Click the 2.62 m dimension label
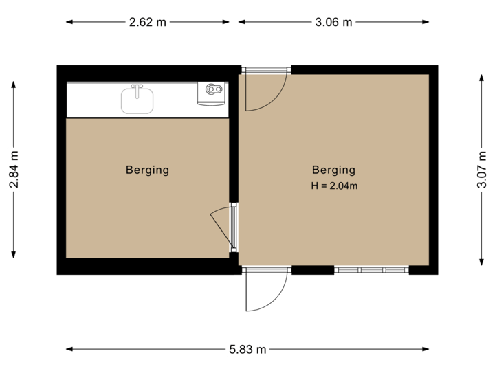148,22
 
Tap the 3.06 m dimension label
333,22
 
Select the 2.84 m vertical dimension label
14,170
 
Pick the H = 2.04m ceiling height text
334,185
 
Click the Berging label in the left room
147,170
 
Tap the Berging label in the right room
333,170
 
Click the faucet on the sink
137,89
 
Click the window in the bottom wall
371,271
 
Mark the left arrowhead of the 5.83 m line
68,350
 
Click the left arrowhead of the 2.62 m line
68,22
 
